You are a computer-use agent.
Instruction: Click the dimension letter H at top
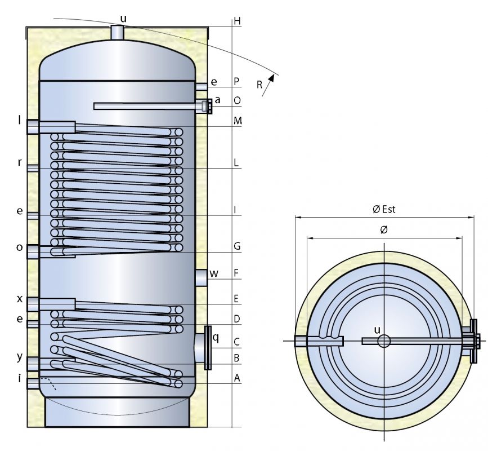click(x=237, y=21)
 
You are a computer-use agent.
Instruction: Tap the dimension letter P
click(x=237, y=82)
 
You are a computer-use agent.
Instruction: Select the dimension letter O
click(x=237, y=100)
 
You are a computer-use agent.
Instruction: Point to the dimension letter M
click(x=238, y=121)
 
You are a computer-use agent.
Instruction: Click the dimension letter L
click(x=236, y=162)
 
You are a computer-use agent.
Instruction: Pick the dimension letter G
click(x=237, y=246)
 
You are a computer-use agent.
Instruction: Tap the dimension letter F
click(x=236, y=273)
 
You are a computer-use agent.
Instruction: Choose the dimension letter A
click(x=237, y=378)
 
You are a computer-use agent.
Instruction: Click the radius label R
click(x=259, y=85)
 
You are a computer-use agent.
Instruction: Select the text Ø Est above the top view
click(x=384, y=209)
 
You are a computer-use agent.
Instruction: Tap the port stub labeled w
click(x=202, y=277)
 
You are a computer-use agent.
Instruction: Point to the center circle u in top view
click(x=384, y=341)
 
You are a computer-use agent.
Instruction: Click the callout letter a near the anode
click(x=217, y=100)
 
